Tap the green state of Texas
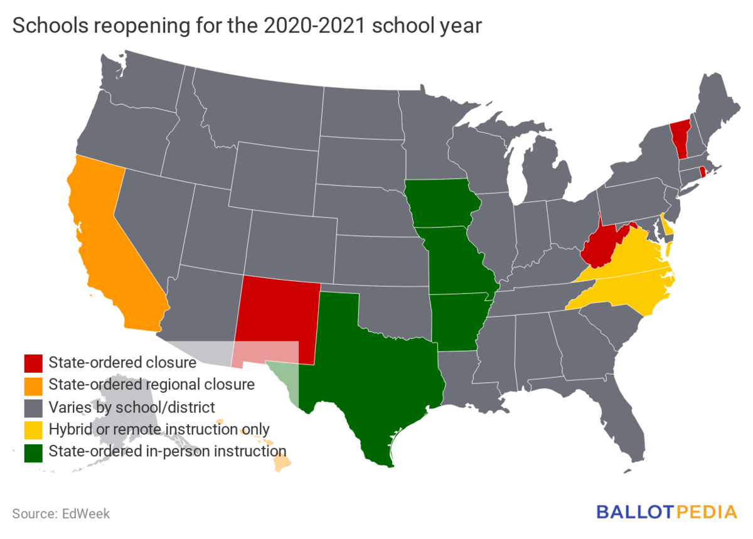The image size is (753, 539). (364, 376)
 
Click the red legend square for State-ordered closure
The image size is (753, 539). (33, 363)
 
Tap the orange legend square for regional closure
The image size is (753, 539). (33, 384)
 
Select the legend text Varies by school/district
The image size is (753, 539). (132, 407)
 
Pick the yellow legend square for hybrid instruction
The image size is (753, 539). (33, 429)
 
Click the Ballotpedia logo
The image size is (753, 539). (666, 511)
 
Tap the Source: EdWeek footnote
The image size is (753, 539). (61, 513)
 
